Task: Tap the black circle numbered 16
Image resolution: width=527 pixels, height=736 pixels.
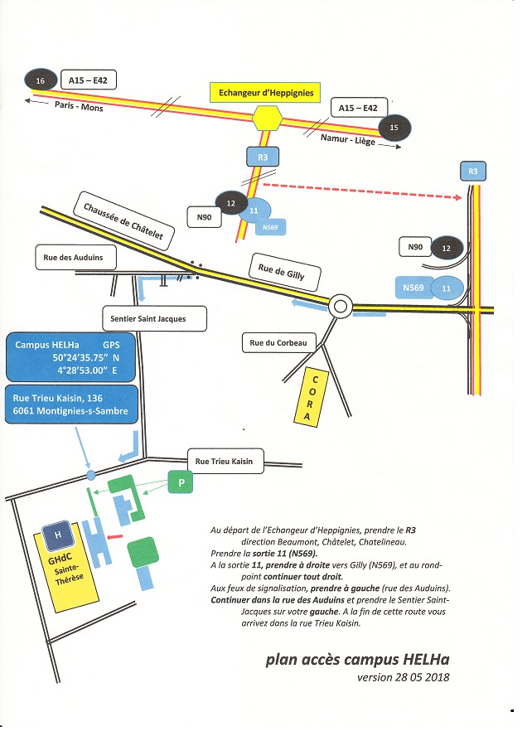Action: pyautogui.click(x=39, y=80)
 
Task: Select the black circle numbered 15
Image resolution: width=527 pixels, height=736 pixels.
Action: pyautogui.click(x=393, y=127)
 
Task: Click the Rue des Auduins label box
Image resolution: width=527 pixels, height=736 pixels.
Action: pyautogui.click(x=74, y=258)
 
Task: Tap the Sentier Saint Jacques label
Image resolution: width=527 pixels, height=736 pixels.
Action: pyautogui.click(x=154, y=317)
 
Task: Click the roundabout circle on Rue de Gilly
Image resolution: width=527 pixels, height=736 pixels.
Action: pyautogui.click(x=340, y=307)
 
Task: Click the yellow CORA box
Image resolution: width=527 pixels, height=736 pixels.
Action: pyautogui.click(x=312, y=397)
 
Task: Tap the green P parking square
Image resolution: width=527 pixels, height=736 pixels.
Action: pyautogui.click(x=182, y=482)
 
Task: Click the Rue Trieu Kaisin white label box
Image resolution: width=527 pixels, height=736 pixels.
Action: pyautogui.click(x=224, y=462)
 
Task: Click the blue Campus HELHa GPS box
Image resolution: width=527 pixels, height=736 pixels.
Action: pyautogui.click(x=71, y=357)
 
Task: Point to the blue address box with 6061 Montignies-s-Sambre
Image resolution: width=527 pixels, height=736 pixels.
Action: pyautogui.click(x=71, y=404)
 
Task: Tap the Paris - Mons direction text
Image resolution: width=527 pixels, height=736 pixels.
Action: pyautogui.click(x=79, y=107)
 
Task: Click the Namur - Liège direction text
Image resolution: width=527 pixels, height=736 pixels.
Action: pyautogui.click(x=347, y=138)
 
